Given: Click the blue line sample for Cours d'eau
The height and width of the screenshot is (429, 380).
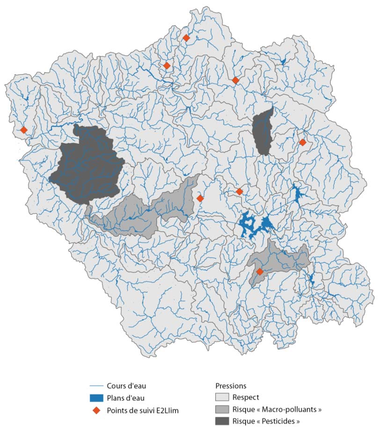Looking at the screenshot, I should pyautogui.click(x=96, y=386).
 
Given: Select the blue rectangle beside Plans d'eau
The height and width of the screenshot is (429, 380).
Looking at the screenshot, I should pyautogui.click(x=96, y=398).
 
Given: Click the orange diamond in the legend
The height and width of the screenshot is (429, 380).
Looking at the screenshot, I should pyautogui.click(x=96, y=410).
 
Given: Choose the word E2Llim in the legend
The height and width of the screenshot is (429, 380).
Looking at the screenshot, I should pyautogui.click(x=168, y=410).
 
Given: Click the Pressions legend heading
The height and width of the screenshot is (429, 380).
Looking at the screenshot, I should pyautogui.click(x=231, y=386).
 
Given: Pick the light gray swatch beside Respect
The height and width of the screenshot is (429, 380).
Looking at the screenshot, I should pyautogui.click(x=222, y=398).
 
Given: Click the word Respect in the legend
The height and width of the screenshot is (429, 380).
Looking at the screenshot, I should pyautogui.click(x=246, y=398).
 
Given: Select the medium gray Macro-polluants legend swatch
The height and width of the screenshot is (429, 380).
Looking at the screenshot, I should pyautogui.click(x=222, y=409).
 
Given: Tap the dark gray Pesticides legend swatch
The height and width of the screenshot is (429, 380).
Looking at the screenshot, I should pyautogui.click(x=222, y=421).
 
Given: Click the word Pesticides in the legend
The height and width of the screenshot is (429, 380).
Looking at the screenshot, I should pyautogui.click(x=277, y=421).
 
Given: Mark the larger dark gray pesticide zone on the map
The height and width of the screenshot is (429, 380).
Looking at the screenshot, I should pyautogui.click(x=87, y=164).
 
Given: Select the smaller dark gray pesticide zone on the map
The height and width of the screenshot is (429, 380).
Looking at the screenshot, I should pyautogui.click(x=263, y=131).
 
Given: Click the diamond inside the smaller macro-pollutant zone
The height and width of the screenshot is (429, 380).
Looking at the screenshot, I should pyautogui.click(x=260, y=272).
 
